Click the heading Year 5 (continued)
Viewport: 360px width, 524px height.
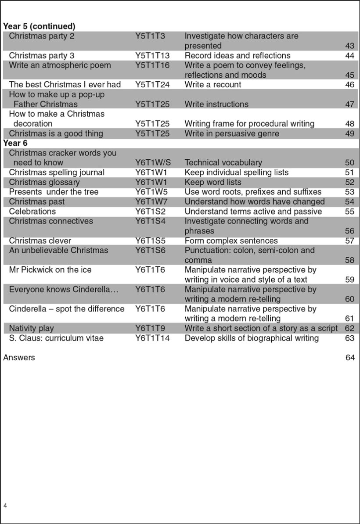(x=39, y=26)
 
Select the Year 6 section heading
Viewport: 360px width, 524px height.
(x=15, y=143)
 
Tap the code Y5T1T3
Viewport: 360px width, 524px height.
(x=150, y=36)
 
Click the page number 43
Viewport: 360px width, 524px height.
(x=349, y=46)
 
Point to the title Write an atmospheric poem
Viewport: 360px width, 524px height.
(x=60, y=65)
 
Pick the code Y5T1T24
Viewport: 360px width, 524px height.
(x=152, y=85)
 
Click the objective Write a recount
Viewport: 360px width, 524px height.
(x=212, y=85)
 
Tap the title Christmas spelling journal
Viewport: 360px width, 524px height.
(x=57, y=172)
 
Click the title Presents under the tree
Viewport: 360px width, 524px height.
(x=54, y=192)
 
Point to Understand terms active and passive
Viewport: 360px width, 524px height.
(x=253, y=212)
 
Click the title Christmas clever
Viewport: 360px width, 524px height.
(x=40, y=240)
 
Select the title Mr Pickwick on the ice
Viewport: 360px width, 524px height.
(x=50, y=270)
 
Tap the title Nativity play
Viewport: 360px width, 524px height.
(x=31, y=328)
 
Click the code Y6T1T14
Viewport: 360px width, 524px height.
(x=152, y=338)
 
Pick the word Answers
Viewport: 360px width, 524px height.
(x=19, y=358)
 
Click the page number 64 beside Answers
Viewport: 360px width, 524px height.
(x=350, y=358)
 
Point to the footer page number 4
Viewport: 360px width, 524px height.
(x=5, y=506)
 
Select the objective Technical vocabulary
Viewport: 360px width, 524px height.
(x=223, y=163)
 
